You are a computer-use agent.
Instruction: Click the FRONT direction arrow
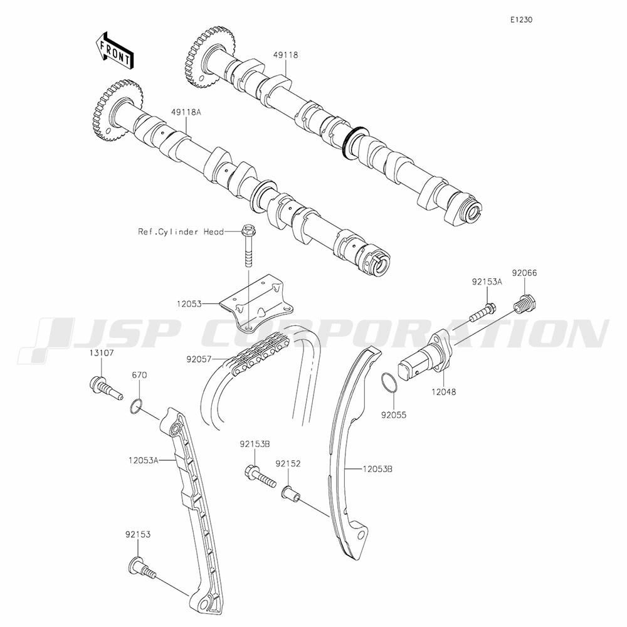(x=113, y=50)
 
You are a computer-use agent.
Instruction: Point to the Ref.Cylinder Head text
(x=181, y=231)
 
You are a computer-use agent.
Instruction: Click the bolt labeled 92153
(x=141, y=567)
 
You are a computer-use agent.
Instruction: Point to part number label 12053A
(x=142, y=460)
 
